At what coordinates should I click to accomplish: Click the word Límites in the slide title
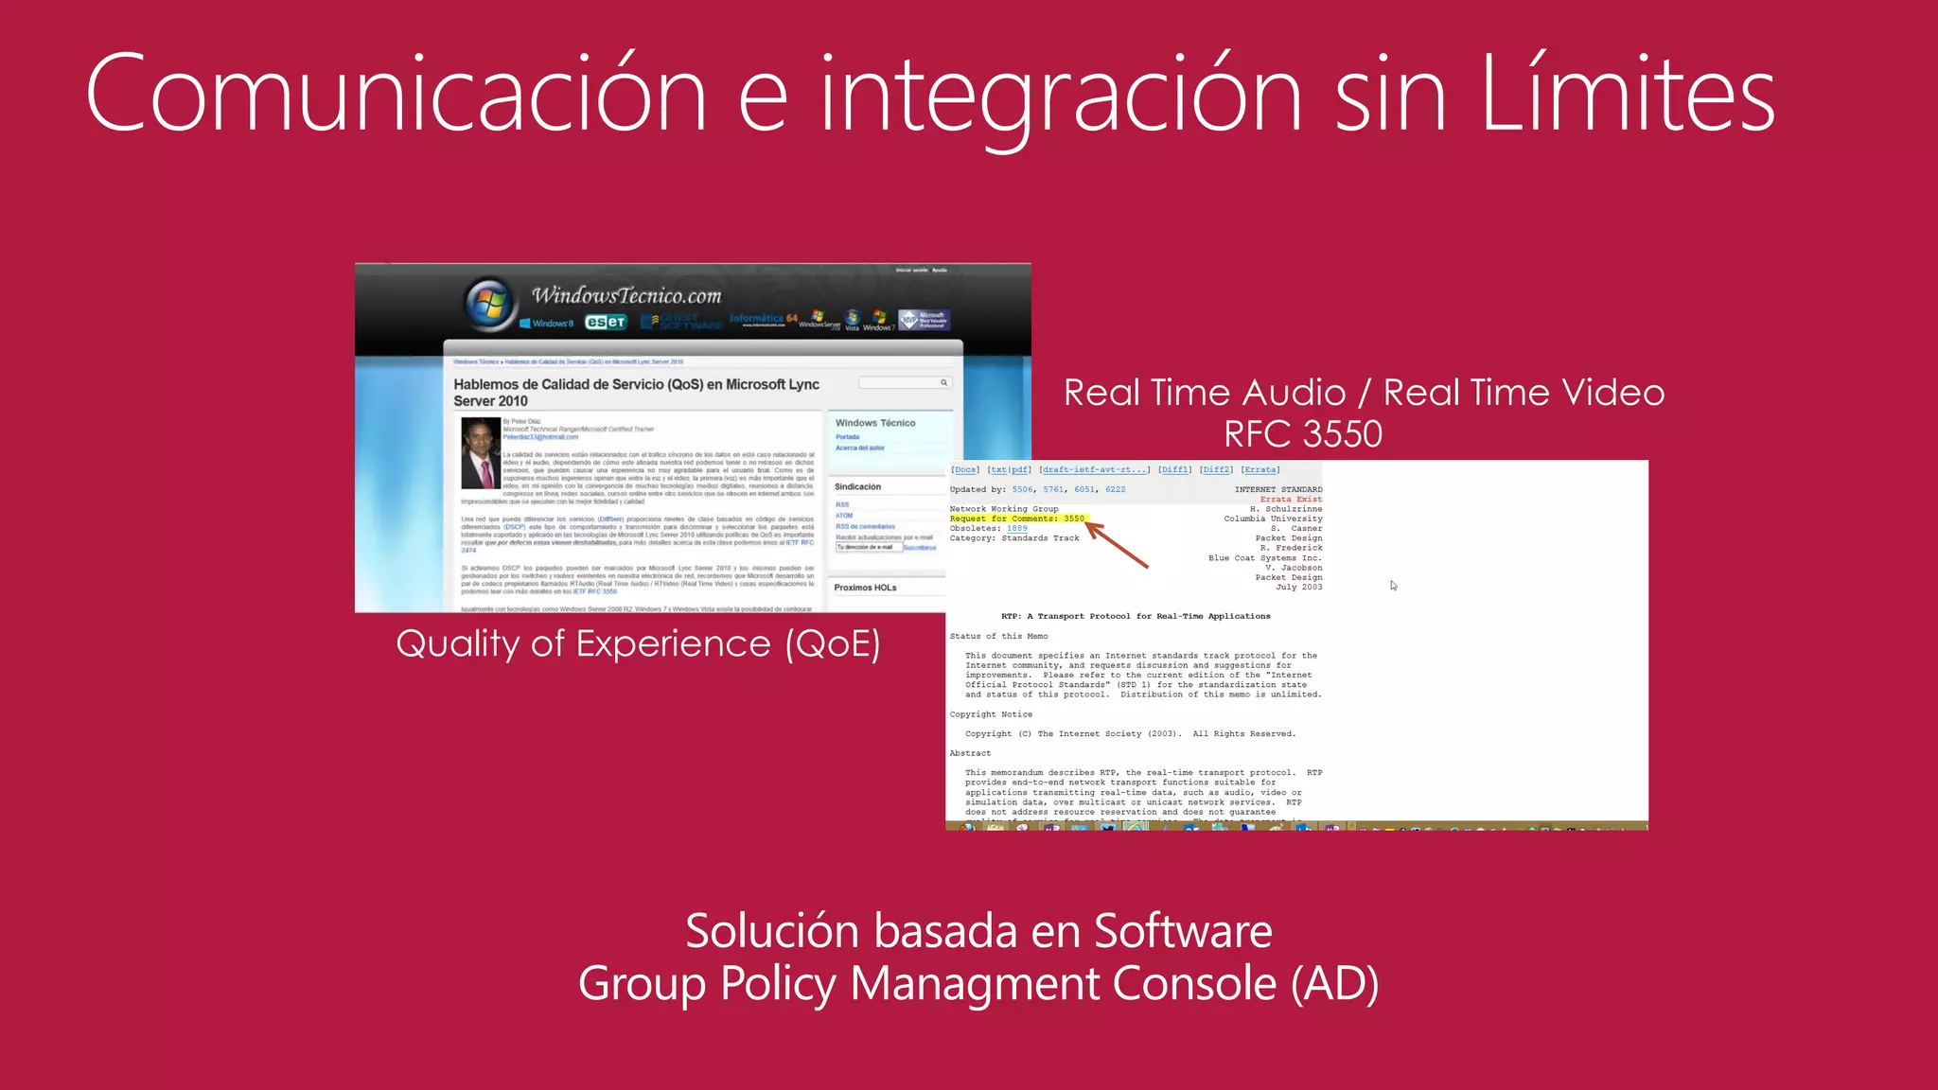pyautogui.click(x=1627, y=94)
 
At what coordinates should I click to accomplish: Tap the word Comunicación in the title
pyautogui.click(x=396, y=94)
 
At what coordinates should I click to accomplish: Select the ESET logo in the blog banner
pyautogui.click(x=606, y=323)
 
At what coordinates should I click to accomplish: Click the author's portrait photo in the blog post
pyautogui.click(x=481, y=452)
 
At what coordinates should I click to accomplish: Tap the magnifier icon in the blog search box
pyautogui.click(x=943, y=382)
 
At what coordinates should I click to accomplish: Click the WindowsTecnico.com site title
pyautogui.click(x=626, y=296)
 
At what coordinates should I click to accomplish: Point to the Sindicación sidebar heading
pyautogui.click(x=857, y=486)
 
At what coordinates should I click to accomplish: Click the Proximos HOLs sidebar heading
pyautogui.click(x=865, y=588)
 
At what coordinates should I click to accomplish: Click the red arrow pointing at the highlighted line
pyautogui.click(x=1117, y=544)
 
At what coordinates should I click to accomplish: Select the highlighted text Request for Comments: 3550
pyautogui.click(x=1017, y=519)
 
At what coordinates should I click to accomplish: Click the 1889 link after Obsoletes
pyautogui.click(x=1017, y=529)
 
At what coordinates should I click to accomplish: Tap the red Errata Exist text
pyautogui.click(x=1291, y=500)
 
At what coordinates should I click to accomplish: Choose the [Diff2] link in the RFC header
pyautogui.click(x=1216, y=469)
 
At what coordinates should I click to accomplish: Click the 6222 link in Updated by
pyautogui.click(x=1116, y=489)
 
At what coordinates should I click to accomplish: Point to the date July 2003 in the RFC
pyautogui.click(x=1298, y=588)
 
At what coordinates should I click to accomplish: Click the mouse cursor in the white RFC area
pyautogui.click(x=1393, y=586)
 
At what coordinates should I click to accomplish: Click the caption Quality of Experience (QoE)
pyautogui.click(x=638, y=643)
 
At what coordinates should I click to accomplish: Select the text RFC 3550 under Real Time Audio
pyautogui.click(x=1303, y=434)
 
